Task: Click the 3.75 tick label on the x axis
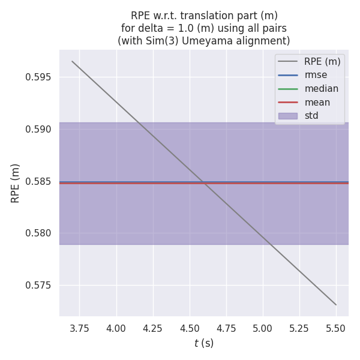pos(79,328)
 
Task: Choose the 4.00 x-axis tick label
pos(116,328)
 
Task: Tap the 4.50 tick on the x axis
pos(190,328)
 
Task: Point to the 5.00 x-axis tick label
pos(263,328)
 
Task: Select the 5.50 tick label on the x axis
pos(336,328)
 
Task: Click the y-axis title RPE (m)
pos(16,183)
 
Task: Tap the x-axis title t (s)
pos(204,343)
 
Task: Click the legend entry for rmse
pos(316,75)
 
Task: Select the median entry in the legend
pos(321,89)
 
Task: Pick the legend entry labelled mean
pos(317,103)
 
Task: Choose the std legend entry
pos(311,116)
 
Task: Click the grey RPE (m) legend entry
pos(322,61)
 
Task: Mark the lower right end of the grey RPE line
pos(336,305)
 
